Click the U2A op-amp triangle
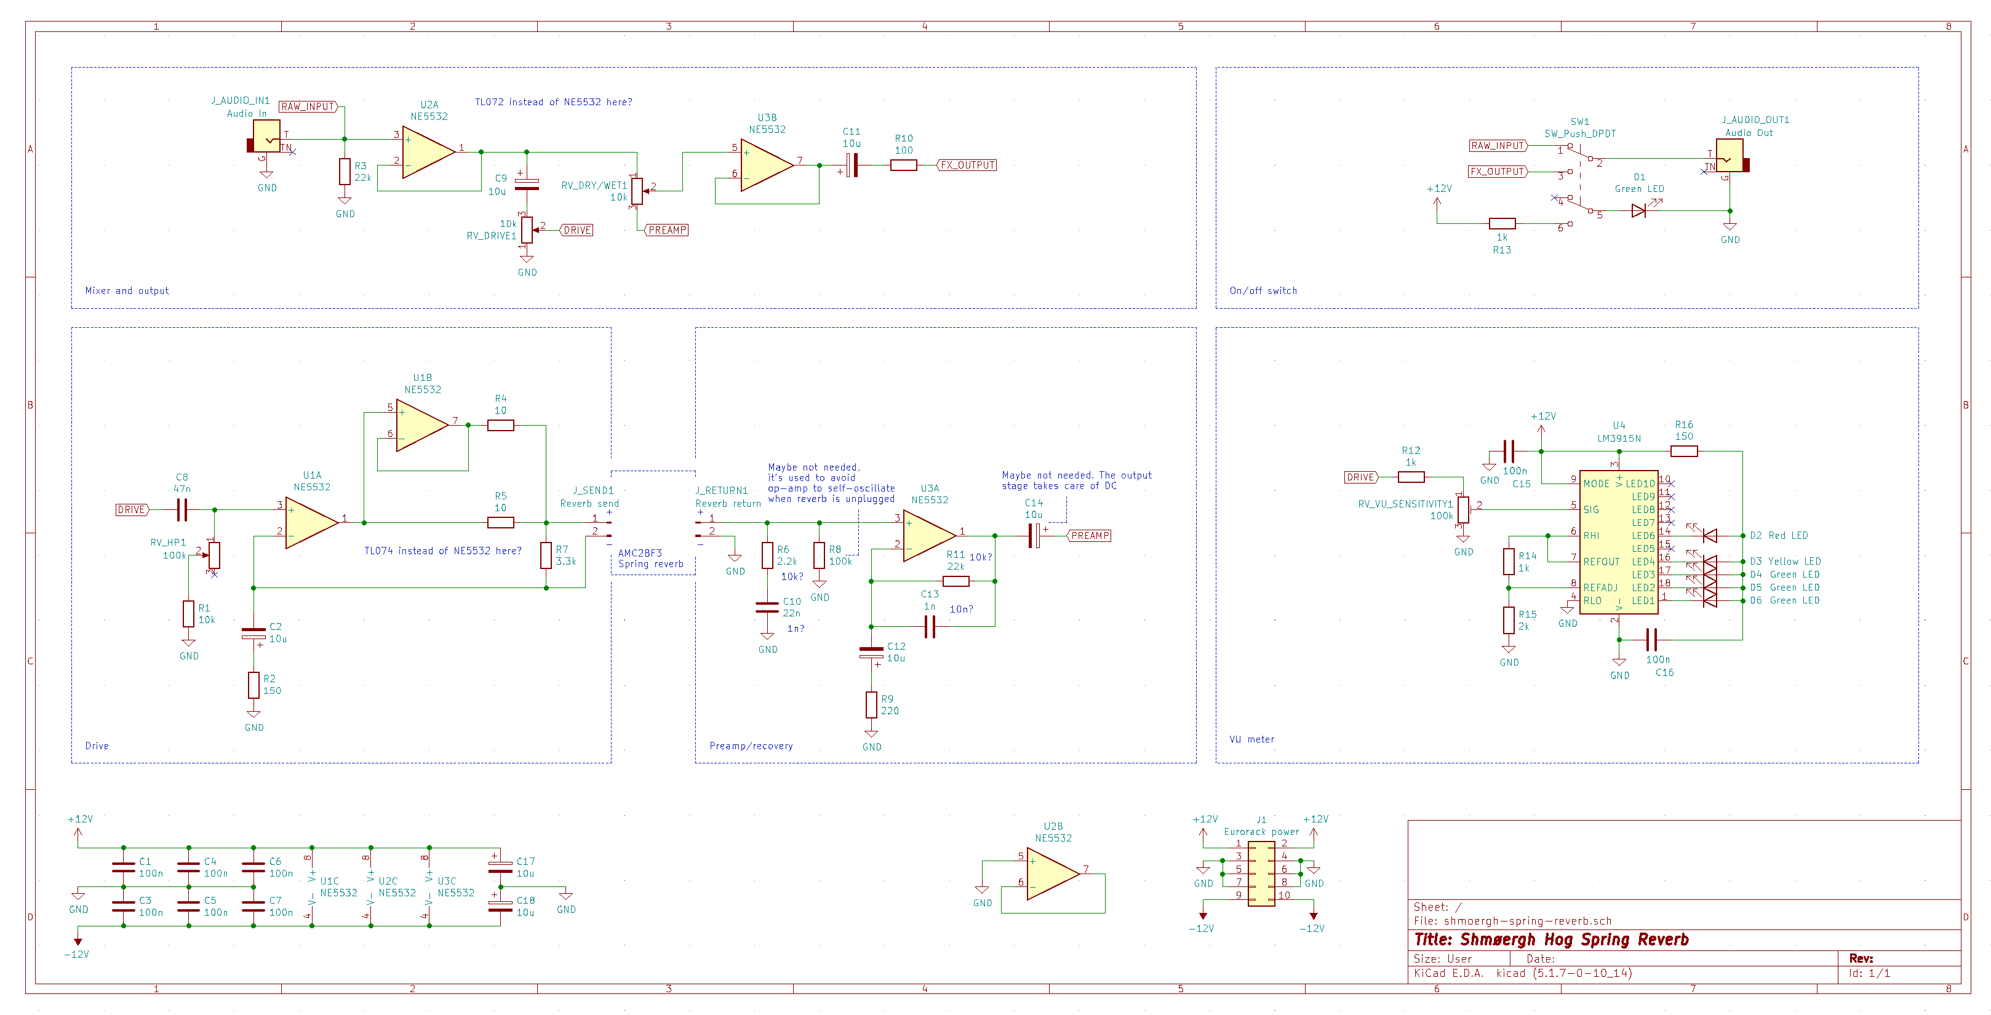click(428, 153)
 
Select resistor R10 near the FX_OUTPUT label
click(904, 165)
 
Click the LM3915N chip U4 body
click(1619, 542)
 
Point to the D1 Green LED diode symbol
click(1638, 210)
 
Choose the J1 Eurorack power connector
click(1261, 873)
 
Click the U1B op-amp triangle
click(422, 425)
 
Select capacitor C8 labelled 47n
click(182, 509)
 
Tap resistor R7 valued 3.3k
click(546, 555)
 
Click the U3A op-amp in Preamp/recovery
click(929, 535)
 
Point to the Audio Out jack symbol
click(1731, 156)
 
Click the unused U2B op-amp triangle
click(1053, 874)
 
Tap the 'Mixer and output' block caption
click(127, 291)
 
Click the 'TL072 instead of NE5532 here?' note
click(553, 102)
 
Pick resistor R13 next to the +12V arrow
click(1502, 223)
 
